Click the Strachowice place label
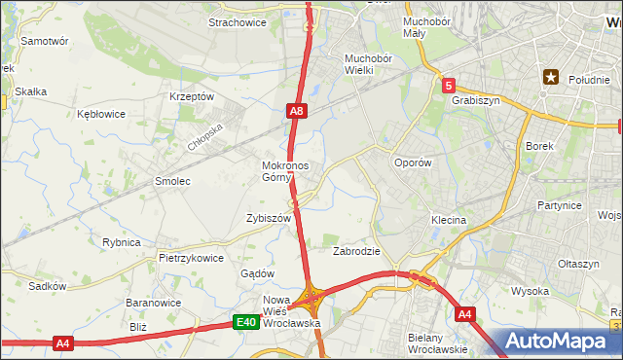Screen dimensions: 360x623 [238, 22]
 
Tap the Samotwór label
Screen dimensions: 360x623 [45, 42]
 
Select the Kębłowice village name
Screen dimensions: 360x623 [101, 114]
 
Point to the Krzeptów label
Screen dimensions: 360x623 [191, 96]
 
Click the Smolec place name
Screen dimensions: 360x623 [172, 181]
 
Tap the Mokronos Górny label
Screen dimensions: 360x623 [285, 171]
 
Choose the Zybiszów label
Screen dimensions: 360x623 [269, 219]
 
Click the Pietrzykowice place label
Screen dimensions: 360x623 [191, 259]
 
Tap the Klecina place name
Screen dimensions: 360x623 [449, 221]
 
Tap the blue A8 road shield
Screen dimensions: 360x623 [298, 113]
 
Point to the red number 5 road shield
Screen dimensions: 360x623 [448, 86]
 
